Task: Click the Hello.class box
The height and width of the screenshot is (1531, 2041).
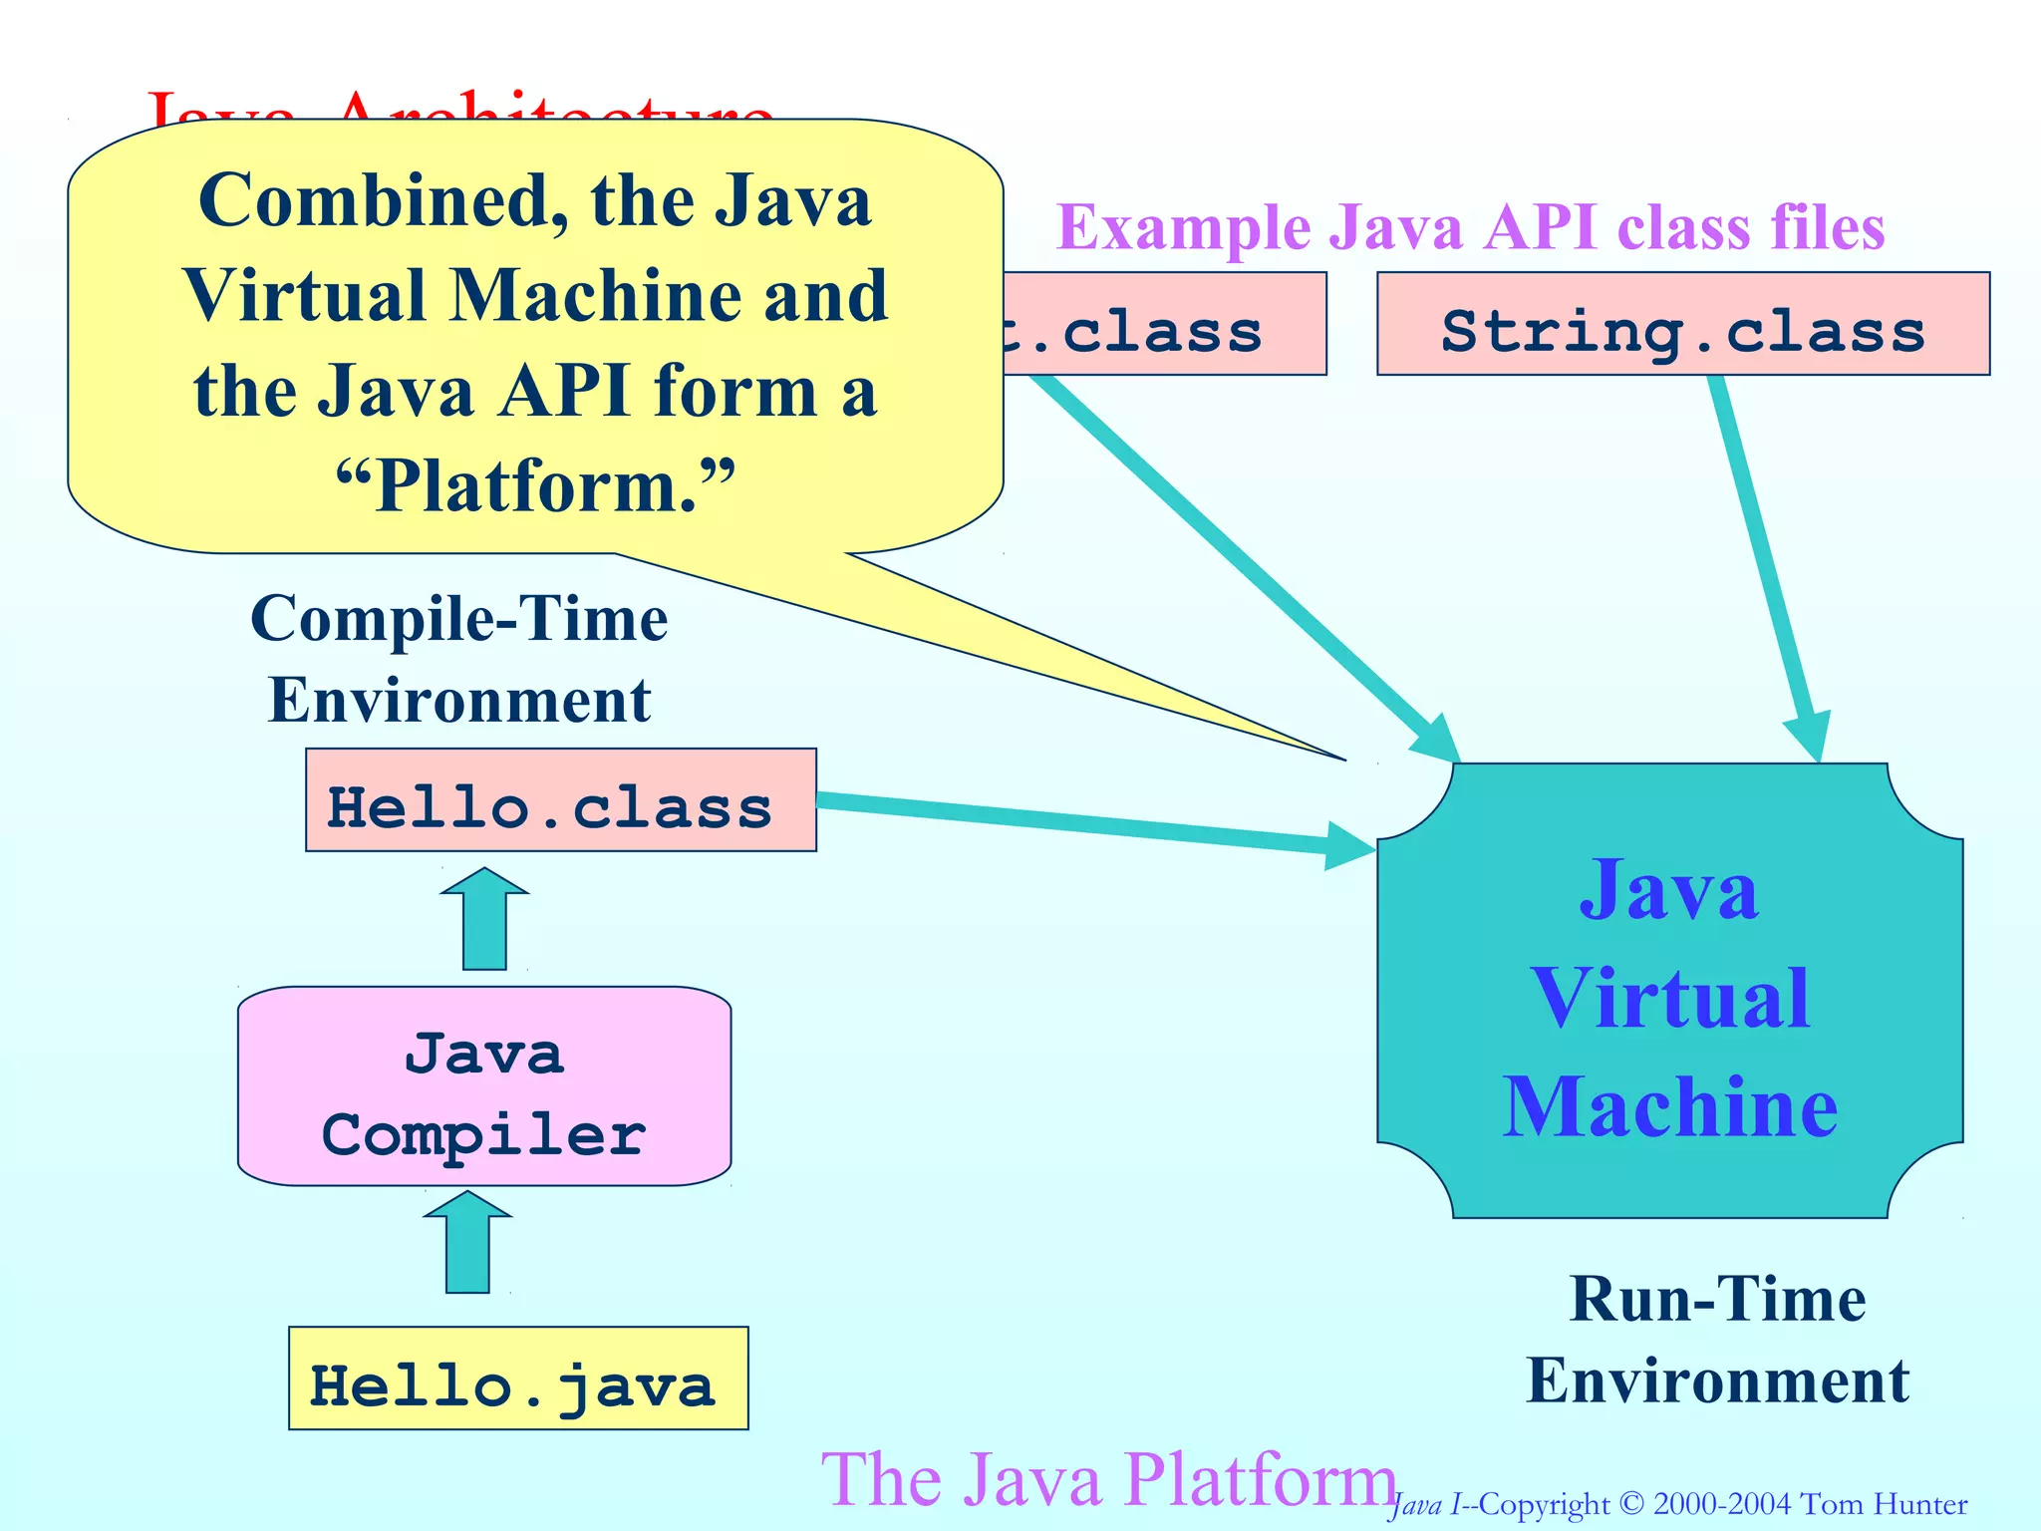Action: pos(560,800)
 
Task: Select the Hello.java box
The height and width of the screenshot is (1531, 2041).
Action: pos(518,1378)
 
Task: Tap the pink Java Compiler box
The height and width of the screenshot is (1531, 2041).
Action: pos(484,1086)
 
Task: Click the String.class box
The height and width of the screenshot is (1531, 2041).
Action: pos(1682,324)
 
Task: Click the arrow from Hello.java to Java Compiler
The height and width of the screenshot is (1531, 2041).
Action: pos(467,1246)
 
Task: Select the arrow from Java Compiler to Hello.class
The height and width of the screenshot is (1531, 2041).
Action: pos(484,922)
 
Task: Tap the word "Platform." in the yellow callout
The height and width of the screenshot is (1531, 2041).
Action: pos(535,486)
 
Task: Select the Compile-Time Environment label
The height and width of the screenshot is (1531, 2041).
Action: pos(459,659)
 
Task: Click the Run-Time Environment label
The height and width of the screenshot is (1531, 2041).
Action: pos(1717,1340)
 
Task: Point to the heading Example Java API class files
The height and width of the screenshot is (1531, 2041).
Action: pos(1470,228)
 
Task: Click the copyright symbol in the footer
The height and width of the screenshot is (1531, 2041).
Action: pos(1630,1503)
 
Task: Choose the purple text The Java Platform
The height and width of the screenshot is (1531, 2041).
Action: pos(1108,1480)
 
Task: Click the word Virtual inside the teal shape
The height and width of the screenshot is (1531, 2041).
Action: pos(1670,999)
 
